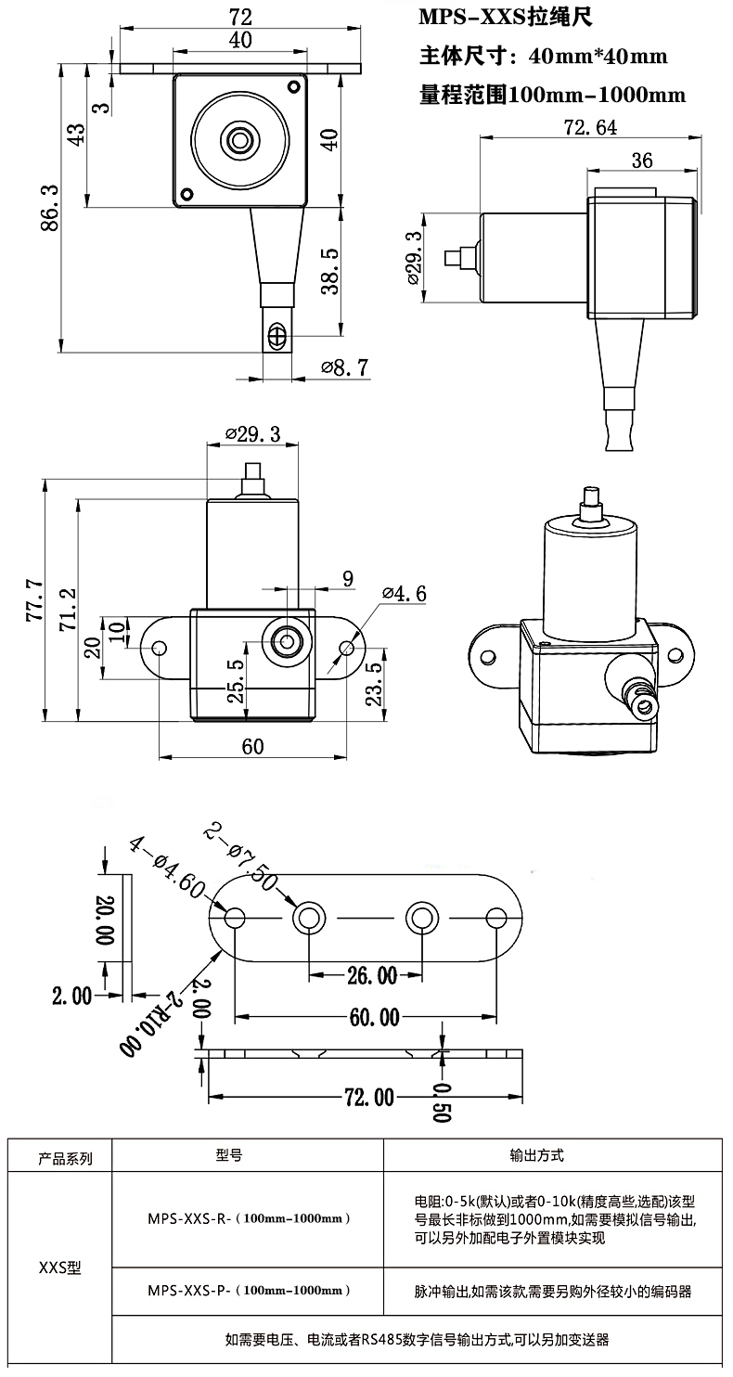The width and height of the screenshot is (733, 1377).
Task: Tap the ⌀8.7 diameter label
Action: (x=345, y=367)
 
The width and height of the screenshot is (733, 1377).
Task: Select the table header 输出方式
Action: (x=536, y=1156)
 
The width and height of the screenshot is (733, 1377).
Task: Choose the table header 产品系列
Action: (x=65, y=1158)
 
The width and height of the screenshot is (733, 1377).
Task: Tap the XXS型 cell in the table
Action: (x=59, y=1268)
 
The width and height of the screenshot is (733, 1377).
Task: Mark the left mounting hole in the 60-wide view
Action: (x=160, y=647)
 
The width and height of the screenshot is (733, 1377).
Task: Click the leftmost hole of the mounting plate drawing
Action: (x=235, y=919)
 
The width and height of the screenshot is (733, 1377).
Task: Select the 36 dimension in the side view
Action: (x=641, y=161)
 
